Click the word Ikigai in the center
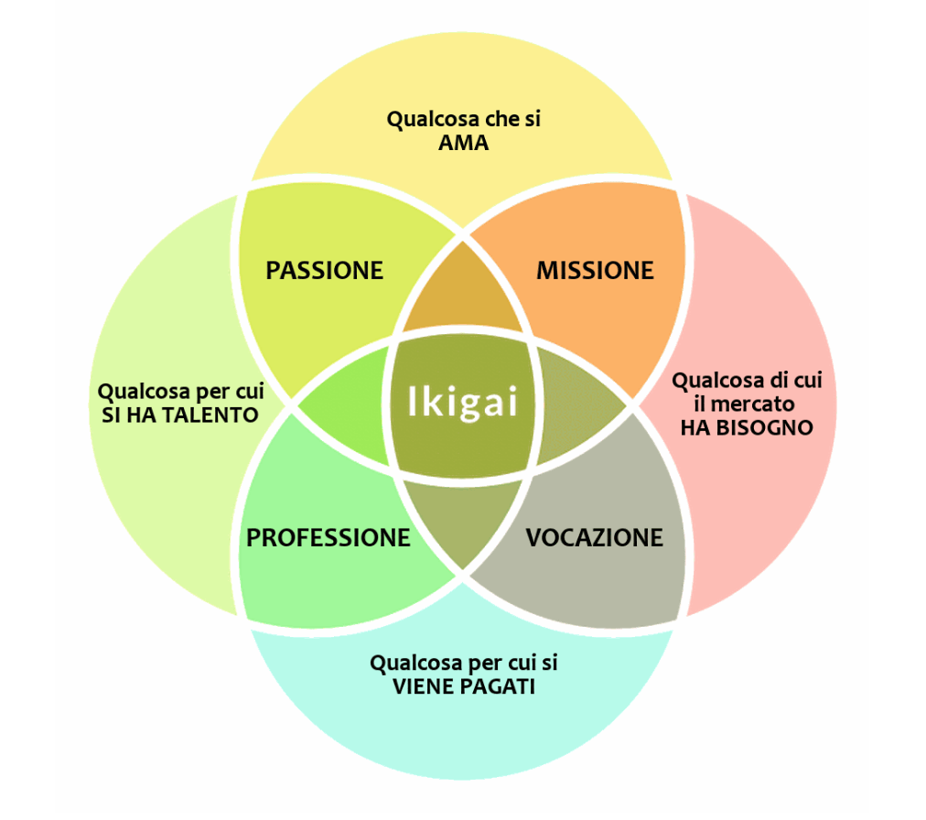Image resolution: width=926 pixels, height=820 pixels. coord(462,402)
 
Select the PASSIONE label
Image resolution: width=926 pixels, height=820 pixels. coord(324,270)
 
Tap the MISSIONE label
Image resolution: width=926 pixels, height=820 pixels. coord(595,270)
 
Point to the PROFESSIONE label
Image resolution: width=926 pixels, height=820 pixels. coord(328,537)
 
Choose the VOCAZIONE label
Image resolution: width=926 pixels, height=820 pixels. coord(594,537)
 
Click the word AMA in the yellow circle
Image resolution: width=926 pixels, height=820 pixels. coord(463,143)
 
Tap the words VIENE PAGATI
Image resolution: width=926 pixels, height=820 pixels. coord(464,686)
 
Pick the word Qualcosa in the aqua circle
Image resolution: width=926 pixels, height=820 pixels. coord(413,663)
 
